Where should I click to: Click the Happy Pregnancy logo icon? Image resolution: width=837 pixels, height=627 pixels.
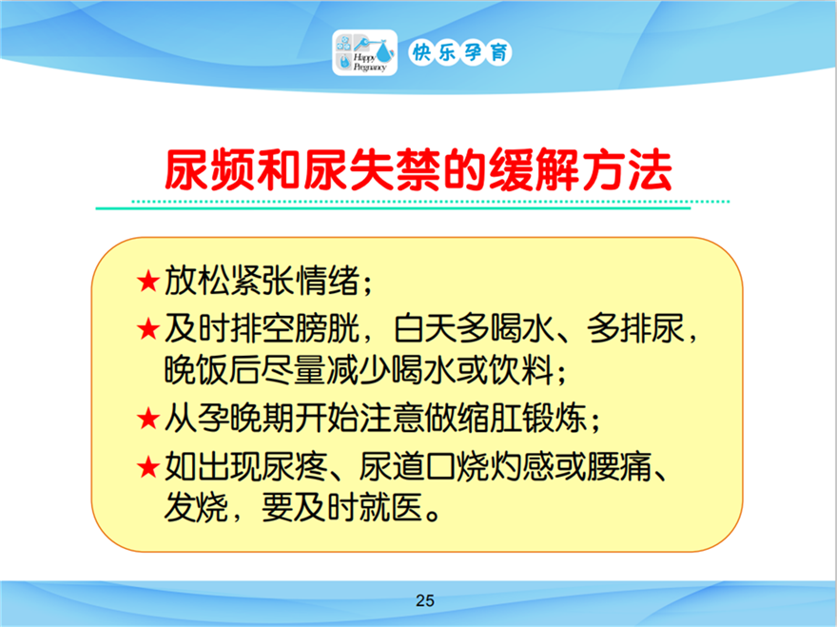click(x=364, y=52)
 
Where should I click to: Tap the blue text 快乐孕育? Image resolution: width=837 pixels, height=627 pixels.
click(x=460, y=52)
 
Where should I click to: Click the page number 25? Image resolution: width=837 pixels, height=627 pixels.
click(x=425, y=600)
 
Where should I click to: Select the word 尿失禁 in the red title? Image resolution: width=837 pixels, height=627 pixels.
click(x=372, y=170)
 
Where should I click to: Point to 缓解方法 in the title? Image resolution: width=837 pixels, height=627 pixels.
click(x=580, y=170)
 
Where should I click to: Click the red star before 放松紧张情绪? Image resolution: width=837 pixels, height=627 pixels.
click(x=147, y=282)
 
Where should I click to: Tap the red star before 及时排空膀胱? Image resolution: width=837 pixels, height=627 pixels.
click(x=147, y=329)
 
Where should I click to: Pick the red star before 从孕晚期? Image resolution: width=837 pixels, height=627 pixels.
click(x=147, y=419)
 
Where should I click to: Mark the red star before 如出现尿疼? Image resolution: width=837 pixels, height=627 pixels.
click(x=147, y=467)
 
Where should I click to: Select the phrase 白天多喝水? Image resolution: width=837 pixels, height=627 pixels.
click(x=474, y=328)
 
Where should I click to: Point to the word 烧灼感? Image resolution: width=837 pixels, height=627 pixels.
click(x=505, y=466)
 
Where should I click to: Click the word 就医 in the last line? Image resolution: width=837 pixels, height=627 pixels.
click(x=391, y=507)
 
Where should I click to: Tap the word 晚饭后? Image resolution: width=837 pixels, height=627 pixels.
click(x=212, y=369)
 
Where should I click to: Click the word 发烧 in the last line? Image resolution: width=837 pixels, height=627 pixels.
click(x=197, y=507)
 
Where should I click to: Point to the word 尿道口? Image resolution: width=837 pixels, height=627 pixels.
click(x=407, y=466)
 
